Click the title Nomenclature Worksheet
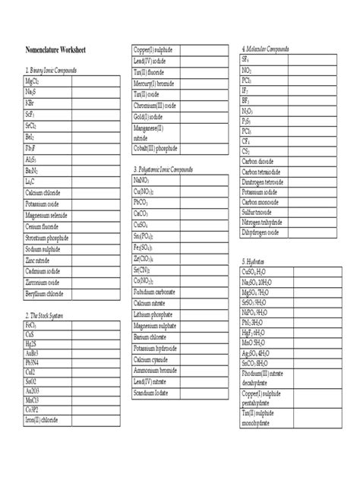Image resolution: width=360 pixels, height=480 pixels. point(55,50)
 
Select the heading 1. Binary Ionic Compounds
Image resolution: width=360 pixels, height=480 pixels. point(58,70)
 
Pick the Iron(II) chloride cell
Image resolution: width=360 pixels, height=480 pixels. point(46,441)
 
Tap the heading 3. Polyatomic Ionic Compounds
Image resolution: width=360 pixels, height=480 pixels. point(172,169)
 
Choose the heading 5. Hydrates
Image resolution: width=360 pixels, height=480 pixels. point(254,261)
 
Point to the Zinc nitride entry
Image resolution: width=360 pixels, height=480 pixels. point(42,260)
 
